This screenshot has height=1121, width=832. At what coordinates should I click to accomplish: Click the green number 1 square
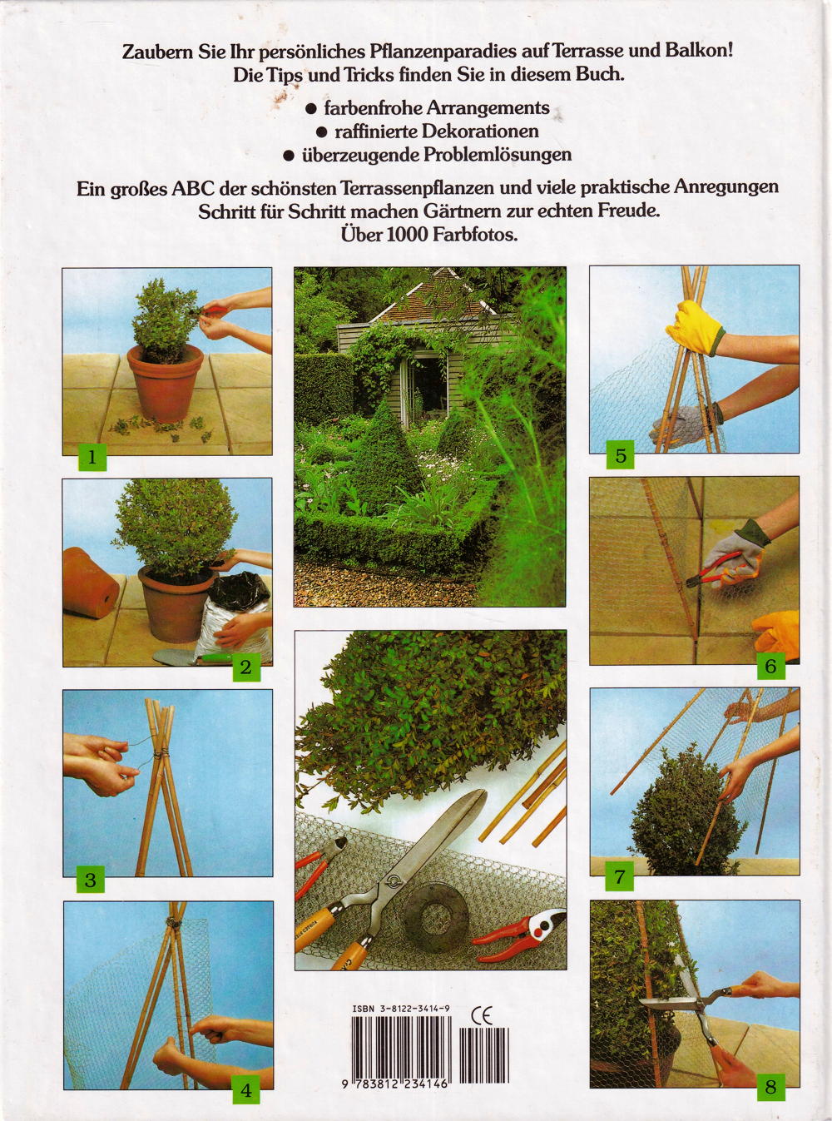[92, 458]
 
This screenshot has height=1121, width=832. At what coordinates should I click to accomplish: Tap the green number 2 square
[245, 667]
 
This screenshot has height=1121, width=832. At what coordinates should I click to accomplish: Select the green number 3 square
[91, 880]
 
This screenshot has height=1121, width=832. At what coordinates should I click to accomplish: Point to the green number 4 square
[246, 1089]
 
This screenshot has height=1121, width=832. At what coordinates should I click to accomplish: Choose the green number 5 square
[621, 455]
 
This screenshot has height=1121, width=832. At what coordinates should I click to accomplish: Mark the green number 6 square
[770, 666]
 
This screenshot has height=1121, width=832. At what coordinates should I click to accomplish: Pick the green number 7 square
[620, 876]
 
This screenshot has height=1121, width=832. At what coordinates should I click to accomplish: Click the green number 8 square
[770, 1087]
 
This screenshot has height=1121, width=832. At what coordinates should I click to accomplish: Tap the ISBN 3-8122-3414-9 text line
[401, 994]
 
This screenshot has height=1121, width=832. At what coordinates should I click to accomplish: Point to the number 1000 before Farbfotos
[407, 236]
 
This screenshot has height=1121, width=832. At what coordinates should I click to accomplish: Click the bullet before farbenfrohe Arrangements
[312, 109]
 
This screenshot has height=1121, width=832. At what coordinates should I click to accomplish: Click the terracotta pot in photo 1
[166, 382]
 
